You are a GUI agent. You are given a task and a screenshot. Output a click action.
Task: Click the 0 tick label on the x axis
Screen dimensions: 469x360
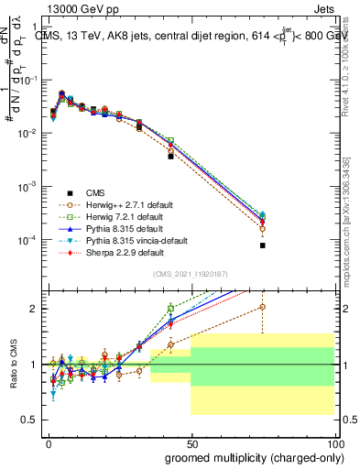coord(49,442)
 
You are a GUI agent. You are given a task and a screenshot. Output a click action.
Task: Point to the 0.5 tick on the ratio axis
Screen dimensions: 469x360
coord(30,420)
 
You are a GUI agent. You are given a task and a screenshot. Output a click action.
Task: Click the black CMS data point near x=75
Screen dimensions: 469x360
coord(262,245)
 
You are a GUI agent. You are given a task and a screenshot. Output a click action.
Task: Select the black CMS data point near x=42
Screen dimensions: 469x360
coord(170,157)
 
